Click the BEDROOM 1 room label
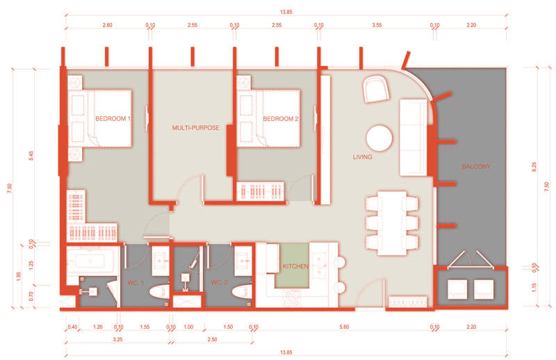[113, 118]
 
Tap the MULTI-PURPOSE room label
[196, 128]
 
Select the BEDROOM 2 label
[281, 119]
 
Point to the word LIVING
[362, 157]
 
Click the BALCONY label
[476, 166]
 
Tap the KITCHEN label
[296, 266]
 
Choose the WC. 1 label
[136, 283]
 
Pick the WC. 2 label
[219, 282]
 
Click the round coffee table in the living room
[379, 138]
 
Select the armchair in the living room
[376, 89]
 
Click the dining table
[392, 223]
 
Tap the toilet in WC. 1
[159, 292]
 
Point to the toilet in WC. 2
[242, 292]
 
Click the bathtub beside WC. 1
[90, 261]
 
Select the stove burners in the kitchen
[291, 298]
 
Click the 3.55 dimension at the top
[377, 25]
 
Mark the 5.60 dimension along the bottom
[344, 327]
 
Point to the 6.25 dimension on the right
[534, 167]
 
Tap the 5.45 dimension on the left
[31, 156]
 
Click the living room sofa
[413, 138]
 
